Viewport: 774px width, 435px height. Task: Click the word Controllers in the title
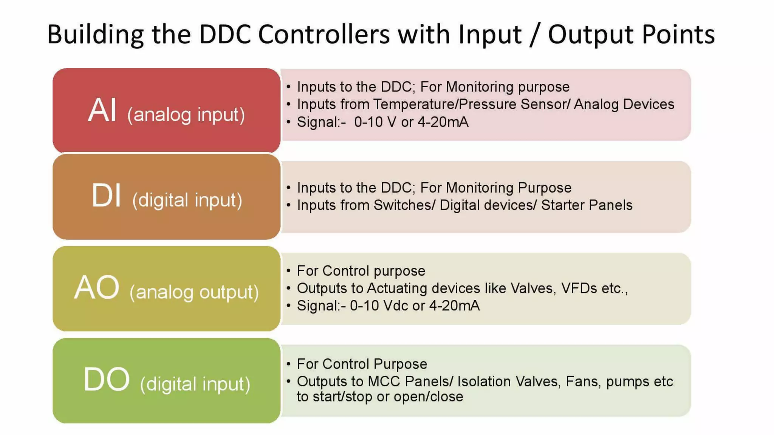[324, 34]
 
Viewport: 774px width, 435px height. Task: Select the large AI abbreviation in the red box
[102, 110]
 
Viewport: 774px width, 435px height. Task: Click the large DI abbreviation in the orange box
[107, 196]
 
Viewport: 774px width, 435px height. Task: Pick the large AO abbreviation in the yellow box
[97, 288]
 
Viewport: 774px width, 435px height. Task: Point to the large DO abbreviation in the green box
[107, 380]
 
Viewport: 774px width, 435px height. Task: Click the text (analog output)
[194, 292]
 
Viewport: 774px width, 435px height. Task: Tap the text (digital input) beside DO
[195, 384]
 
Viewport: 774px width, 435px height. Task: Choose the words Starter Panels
[587, 205]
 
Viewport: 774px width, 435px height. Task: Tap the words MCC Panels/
[410, 381]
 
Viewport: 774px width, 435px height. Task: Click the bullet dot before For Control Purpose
[289, 364]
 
